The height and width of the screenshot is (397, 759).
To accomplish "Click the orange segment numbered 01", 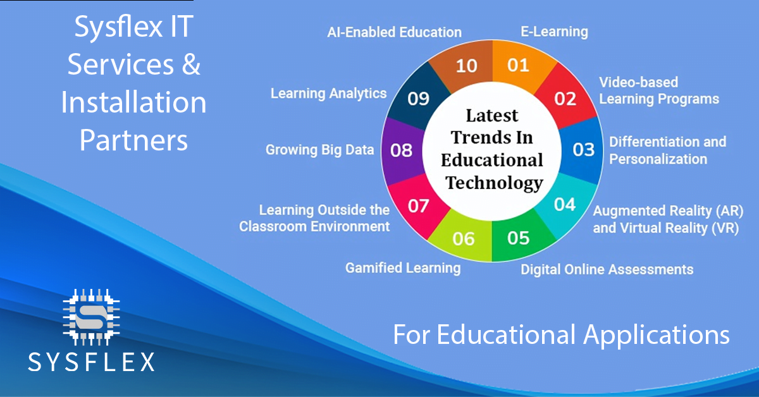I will [x=519, y=64].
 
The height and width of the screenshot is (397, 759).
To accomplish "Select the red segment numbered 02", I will [x=565, y=98].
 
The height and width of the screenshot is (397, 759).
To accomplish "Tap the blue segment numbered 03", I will [x=583, y=149].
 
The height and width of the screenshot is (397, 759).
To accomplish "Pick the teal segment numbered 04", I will [x=564, y=204].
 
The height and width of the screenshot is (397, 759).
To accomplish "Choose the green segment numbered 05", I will [x=518, y=238].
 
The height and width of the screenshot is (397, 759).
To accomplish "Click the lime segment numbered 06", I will [x=464, y=238].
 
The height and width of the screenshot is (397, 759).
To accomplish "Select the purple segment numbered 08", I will [x=402, y=150].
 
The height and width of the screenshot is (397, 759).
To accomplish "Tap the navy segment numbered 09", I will [x=418, y=99].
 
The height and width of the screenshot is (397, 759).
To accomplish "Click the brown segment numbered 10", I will [x=466, y=65].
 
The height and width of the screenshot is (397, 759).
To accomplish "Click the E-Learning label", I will [x=553, y=31].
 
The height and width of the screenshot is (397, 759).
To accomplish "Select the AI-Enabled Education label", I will [x=394, y=32].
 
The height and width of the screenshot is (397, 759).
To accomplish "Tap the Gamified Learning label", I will [x=403, y=268].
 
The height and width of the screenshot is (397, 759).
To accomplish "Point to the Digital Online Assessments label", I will [x=607, y=269].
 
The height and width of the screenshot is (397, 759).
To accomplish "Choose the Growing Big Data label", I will [x=319, y=150].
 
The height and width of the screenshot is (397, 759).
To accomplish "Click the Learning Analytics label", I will [x=328, y=94].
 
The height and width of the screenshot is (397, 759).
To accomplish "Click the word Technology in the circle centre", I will [x=494, y=183].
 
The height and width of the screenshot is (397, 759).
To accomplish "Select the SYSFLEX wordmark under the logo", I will [x=92, y=361].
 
